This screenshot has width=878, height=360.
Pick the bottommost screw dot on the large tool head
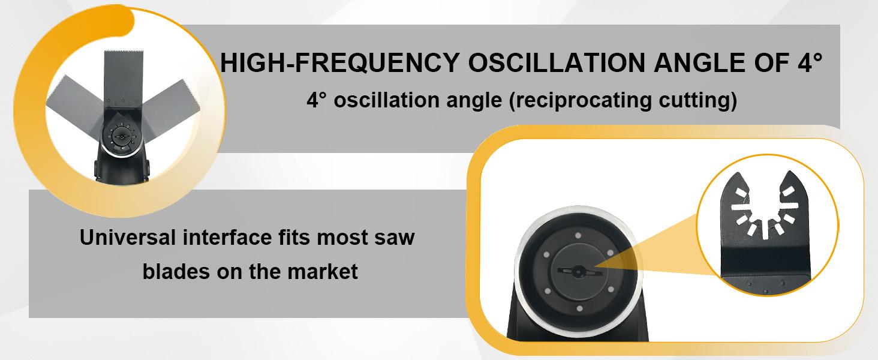pyautogui.click(x=577, y=308)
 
